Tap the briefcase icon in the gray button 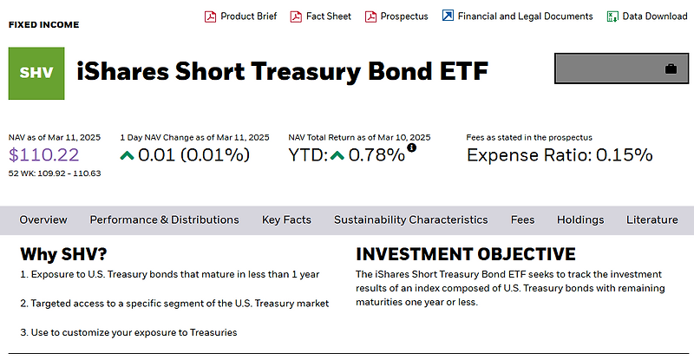pyautogui.click(x=671, y=69)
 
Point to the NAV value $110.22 pyautogui.click(x=44, y=155)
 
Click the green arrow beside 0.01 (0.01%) pyautogui.click(x=128, y=155)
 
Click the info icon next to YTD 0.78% pyautogui.click(x=411, y=148)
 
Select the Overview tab pyautogui.click(x=43, y=219)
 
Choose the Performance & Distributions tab pyautogui.click(x=164, y=219)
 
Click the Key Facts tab pyautogui.click(x=286, y=219)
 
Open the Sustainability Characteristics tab pyautogui.click(x=410, y=219)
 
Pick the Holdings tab pyautogui.click(x=580, y=219)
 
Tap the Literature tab pyautogui.click(x=651, y=219)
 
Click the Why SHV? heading pyautogui.click(x=65, y=254)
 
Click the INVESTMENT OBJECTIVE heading pyautogui.click(x=466, y=254)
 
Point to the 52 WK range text pyautogui.click(x=55, y=173)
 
